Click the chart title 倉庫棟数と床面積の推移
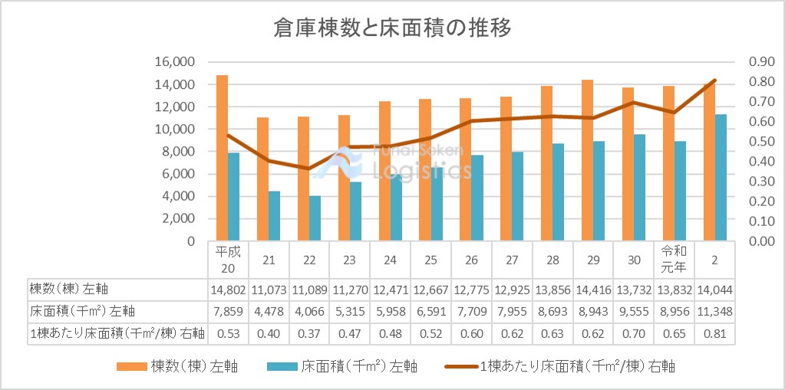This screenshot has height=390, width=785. click(392, 28)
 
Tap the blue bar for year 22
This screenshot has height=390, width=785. click(315, 218)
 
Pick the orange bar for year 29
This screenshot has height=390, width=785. click(587, 160)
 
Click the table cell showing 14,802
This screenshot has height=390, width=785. click(228, 289)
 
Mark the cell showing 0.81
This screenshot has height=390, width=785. click(714, 333)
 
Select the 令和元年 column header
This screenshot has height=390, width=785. click(674, 260)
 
